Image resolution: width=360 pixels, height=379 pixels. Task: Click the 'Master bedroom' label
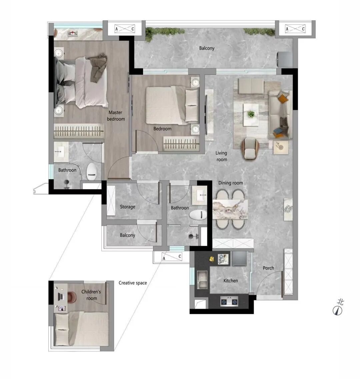point(116,116)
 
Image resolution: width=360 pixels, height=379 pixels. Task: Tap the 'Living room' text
point(222,156)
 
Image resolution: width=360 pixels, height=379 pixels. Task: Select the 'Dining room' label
point(231,183)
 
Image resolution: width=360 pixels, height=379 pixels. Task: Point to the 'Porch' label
point(268,268)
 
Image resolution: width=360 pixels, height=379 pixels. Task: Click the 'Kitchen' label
point(231,281)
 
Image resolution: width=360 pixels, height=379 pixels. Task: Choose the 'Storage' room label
point(127,207)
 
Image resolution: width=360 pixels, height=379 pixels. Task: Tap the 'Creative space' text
point(133,283)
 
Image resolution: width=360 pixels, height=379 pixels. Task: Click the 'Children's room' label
point(91,295)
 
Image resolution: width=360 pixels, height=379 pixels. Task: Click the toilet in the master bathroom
point(92,171)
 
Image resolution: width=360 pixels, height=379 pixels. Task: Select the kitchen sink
point(202,280)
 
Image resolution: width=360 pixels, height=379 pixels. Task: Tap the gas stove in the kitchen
point(229,302)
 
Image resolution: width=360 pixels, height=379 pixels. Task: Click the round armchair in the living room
point(250,149)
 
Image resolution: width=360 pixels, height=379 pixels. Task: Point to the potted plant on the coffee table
point(251,114)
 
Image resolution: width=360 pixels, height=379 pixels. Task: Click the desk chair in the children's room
point(72,297)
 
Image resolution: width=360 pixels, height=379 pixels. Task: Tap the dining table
point(230,209)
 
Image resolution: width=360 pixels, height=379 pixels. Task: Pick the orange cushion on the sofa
point(283,98)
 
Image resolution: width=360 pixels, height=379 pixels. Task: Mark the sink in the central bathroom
point(200,195)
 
